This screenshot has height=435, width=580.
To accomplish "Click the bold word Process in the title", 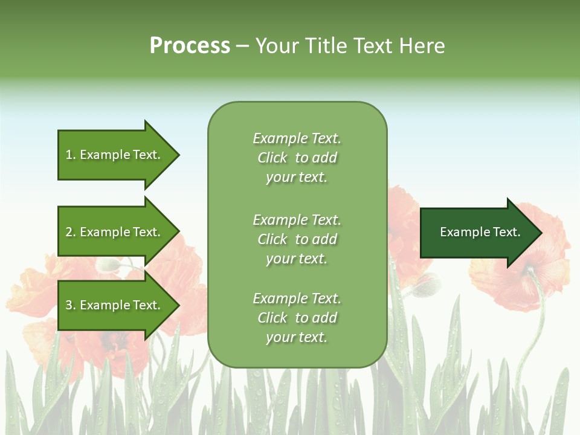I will click(x=190, y=46).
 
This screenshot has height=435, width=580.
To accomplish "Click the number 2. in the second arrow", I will click(x=71, y=232).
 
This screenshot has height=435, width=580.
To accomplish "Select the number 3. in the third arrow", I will click(x=71, y=305).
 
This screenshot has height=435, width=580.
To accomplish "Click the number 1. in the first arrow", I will click(x=71, y=155).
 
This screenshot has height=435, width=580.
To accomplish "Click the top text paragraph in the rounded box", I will click(x=297, y=158).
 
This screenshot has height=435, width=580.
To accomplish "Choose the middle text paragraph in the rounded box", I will click(x=297, y=239).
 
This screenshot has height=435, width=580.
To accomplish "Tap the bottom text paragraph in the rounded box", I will click(x=297, y=318).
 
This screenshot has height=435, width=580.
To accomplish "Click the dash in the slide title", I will click(x=243, y=46).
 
